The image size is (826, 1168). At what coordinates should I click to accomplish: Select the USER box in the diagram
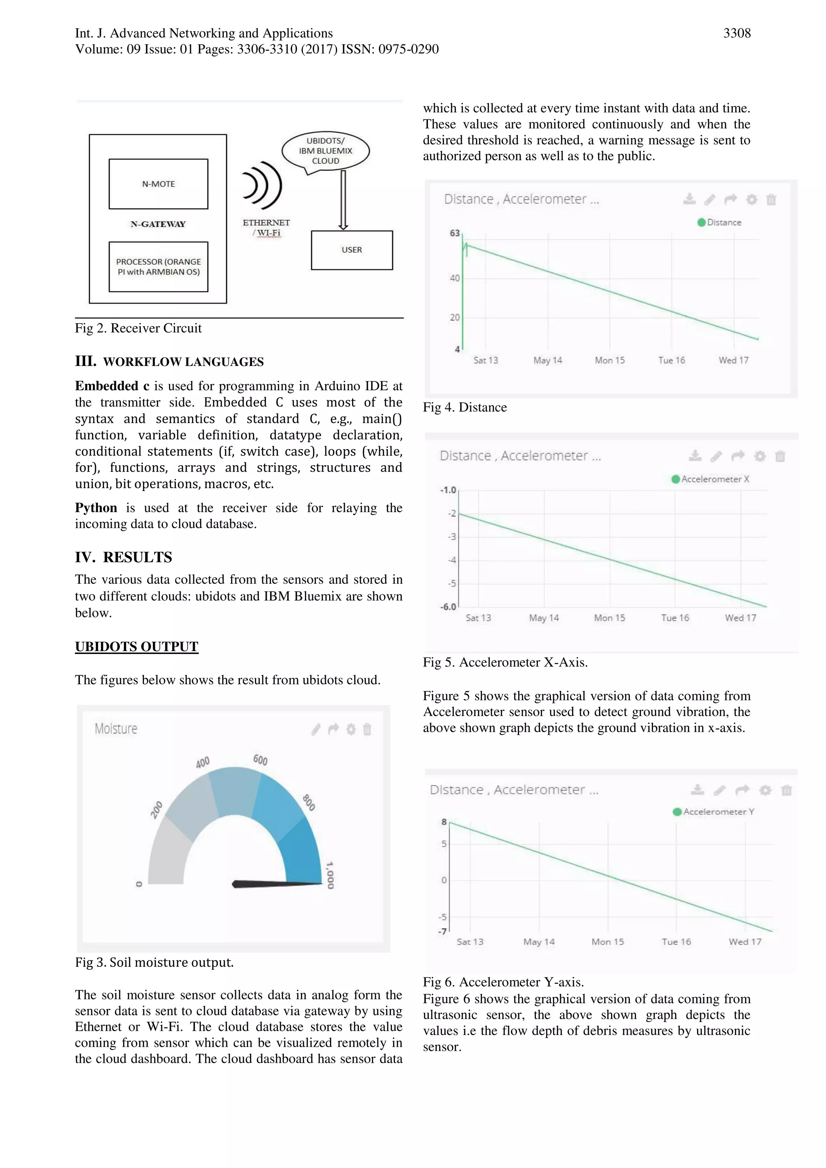[352, 250]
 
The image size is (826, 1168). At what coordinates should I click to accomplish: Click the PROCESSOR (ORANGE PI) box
[158, 266]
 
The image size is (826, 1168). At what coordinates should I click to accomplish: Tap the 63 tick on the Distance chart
[455, 233]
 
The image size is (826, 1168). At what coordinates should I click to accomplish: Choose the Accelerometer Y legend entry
[713, 812]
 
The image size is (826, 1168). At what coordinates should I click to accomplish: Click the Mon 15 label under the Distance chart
[609, 360]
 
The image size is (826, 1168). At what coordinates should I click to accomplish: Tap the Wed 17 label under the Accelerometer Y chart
[745, 942]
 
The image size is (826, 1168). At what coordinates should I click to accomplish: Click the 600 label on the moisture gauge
[260, 760]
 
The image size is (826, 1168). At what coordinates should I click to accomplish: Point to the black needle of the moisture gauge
[275, 884]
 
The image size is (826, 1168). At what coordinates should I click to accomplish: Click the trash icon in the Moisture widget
[367, 729]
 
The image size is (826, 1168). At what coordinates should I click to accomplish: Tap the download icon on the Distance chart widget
[689, 199]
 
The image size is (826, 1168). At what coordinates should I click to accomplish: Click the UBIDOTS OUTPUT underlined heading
[136, 647]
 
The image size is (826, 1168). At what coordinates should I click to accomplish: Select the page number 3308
[736, 33]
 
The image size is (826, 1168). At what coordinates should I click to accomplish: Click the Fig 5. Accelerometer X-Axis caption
[505, 662]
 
